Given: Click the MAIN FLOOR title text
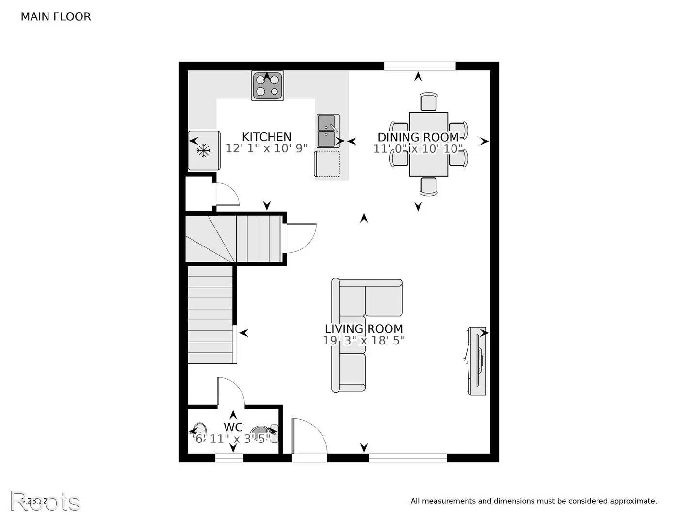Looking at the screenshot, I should pyautogui.click(x=55, y=17).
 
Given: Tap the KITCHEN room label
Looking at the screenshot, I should pyautogui.click(x=266, y=137).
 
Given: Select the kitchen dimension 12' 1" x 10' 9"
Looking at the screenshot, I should pyautogui.click(x=266, y=148).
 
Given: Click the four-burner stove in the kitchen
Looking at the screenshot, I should pyautogui.click(x=267, y=86).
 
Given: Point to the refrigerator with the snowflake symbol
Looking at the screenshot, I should pyautogui.click(x=204, y=150).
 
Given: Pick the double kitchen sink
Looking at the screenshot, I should pyautogui.click(x=328, y=131).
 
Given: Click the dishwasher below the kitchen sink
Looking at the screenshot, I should pyautogui.click(x=327, y=164).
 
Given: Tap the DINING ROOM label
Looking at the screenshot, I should pyautogui.click(x=418, y=137).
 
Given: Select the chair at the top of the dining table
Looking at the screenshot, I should pyautogui.click(x=429, y=102).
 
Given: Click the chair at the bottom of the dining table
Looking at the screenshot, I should pyautogui.click(x=429, y=186).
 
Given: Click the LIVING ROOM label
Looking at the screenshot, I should pyautogui.click(x=364, y=329).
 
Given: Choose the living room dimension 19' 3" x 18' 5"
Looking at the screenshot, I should pyautogui.click(x=364, y=341).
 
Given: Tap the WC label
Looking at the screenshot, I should pyautogui.click(x=233, y=427).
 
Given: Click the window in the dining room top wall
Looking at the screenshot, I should pyautogui.click(x=420, y=66).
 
